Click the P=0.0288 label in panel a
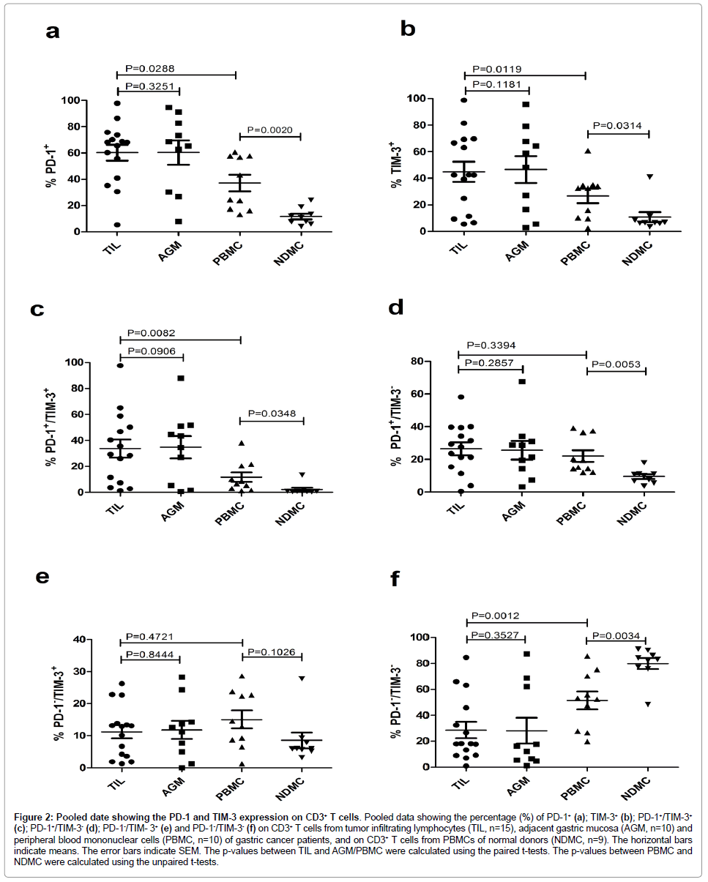click(150, 69)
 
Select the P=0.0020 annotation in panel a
click(270, 130)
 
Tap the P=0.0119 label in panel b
click(499, 69)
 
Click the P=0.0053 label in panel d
click(616, 364)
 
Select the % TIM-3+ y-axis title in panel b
click(396, 165)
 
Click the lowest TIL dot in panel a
click(116, 225)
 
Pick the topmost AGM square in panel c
click(180, 378)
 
